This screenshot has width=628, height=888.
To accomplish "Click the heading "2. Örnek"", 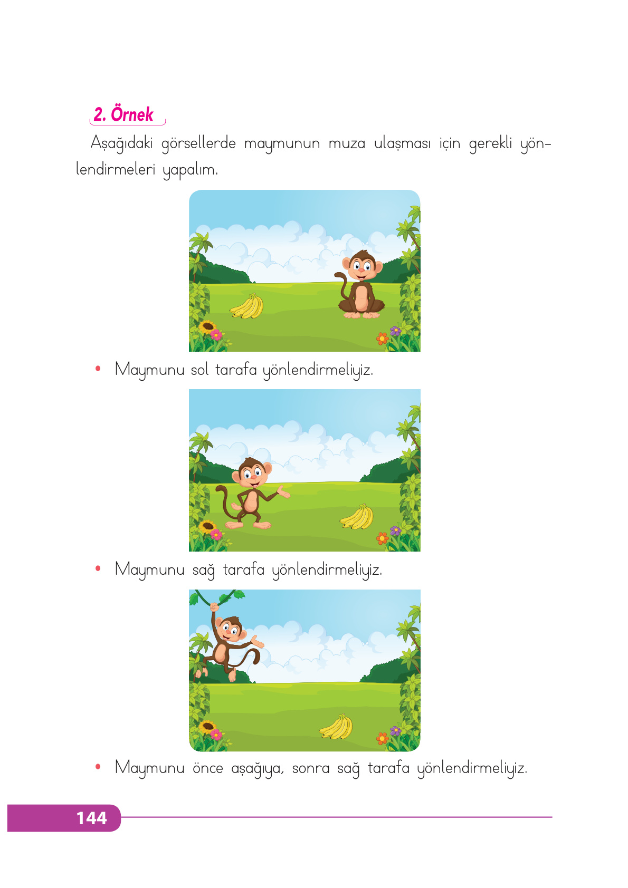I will (123, 114).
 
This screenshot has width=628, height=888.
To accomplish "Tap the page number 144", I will (91, 818).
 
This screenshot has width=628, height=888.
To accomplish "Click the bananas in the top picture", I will (248, 307).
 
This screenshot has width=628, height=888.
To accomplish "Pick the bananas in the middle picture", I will (357, 517).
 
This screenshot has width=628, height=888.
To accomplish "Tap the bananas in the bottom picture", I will (336, 727).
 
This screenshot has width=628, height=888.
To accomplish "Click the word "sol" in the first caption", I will (199, 370).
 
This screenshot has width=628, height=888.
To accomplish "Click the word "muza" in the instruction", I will (347, 143).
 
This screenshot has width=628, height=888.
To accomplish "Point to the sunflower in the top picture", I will (206, 326).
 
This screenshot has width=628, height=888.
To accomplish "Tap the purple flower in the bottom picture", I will (395, 731).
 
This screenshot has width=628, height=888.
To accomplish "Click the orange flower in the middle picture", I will (382, 538).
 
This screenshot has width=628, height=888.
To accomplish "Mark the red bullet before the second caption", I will (98, 568).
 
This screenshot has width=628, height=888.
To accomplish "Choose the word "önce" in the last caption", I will (207, 768).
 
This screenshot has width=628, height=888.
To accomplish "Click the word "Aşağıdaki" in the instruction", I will (121, 143).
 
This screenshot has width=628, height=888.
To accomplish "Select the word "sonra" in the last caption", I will (311, 768).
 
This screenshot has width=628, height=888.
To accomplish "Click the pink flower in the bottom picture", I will (216, 734).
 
